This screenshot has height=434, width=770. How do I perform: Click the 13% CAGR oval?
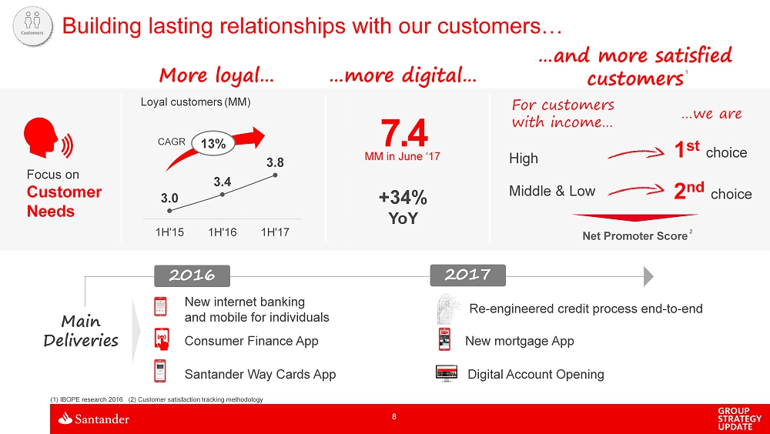point(213,143)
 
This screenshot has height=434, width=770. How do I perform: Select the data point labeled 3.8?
point(275,175)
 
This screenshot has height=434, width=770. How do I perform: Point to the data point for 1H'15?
point(169,211)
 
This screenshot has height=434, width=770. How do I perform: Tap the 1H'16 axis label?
point(223,232)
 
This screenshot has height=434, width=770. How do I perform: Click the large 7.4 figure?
point(404,133)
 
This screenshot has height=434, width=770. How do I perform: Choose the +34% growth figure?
point(403,198)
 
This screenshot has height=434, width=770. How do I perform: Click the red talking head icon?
point(48,138)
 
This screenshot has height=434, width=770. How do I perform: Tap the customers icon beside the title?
point(32,26)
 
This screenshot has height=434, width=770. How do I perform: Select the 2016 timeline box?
point(192,275)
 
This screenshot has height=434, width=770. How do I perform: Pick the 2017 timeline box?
point(467,275)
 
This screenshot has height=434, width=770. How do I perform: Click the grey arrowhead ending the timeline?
point(648,276)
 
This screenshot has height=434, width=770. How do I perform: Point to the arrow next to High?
point(636,154)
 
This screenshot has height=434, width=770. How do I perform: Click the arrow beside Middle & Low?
point(636,191)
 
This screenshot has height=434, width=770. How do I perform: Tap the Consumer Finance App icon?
point(162,339)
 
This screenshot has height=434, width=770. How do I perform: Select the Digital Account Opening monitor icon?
point(447,373)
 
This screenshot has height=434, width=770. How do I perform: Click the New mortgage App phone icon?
point(444,339)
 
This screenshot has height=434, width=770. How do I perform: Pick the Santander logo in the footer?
point(94,419)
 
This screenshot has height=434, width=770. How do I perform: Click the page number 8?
point(393,417)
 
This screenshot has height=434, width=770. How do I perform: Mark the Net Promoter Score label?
point(635,236)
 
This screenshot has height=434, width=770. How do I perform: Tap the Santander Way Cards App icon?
point(160,371)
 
